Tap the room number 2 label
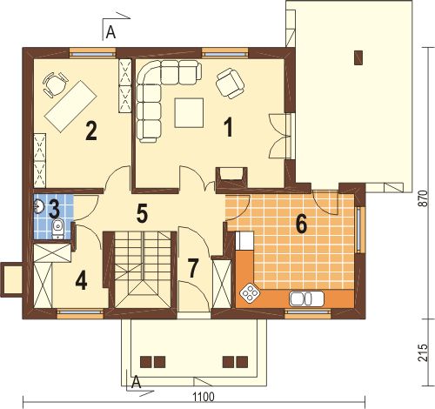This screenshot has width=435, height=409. [x=90, y=131]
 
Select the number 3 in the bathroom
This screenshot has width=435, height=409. [x=54, y=209]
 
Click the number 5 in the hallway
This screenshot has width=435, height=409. [x=142, y=213]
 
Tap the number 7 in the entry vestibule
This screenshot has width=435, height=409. [x=193, y=268]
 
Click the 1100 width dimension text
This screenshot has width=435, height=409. [x=204, y=397]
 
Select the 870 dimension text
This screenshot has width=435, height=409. [x=424, y=198]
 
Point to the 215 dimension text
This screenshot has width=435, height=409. [x=424, y=352]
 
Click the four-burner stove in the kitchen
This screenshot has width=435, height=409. [x=250, y=292]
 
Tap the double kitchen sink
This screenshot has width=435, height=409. [x=306, y=298]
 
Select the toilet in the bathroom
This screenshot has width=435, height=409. [x=58, y=230]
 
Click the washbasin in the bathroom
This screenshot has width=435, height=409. [x=38, y=206]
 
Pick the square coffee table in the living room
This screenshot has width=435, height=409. [x=189, y=112]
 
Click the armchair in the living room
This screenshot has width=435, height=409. [x=231, y=84]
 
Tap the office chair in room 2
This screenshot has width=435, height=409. [x=56, y=84]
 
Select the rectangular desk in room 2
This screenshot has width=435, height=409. [x=70, y=106]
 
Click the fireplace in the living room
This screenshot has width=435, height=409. [x=231, y=178]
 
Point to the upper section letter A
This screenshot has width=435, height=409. [x=110, y=32]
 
